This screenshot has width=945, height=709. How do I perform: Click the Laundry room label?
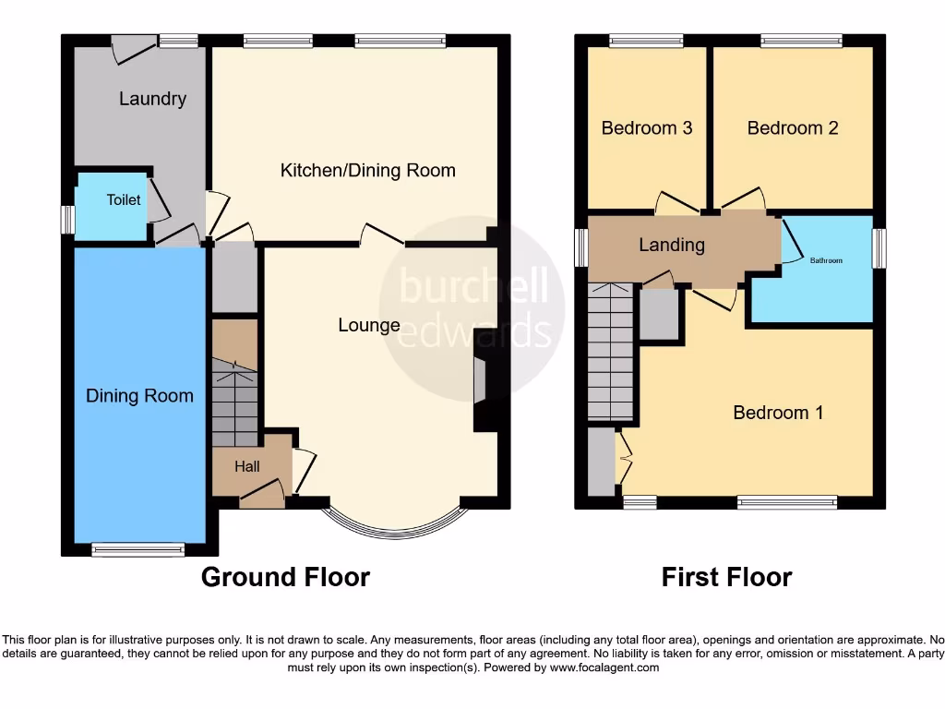pos(152,99)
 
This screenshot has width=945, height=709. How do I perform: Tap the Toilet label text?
pos(124,199)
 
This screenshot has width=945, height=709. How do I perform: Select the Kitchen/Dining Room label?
pos(367,170)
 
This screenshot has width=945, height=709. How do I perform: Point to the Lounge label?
pos(369,325)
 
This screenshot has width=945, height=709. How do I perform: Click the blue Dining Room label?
pos(139,396)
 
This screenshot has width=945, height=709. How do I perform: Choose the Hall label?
pos(246,467)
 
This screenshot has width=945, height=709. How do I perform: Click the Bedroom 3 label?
pos(647,128)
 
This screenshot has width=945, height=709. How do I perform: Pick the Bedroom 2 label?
pos(793,128)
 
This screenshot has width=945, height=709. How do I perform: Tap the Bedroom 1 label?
pos(778,413)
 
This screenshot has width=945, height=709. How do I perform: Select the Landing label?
pos(672,245)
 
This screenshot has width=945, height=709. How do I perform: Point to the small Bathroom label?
pos(826,261)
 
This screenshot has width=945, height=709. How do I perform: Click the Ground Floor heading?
pos(285,578)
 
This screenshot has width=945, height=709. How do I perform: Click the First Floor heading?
pos(726,578)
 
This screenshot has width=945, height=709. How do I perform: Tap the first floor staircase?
pos(611,352)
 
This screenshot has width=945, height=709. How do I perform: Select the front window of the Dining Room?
pos(138,550)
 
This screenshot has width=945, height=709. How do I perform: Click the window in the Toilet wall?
pos(67,220)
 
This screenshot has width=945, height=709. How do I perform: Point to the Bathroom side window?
pos(879,248)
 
